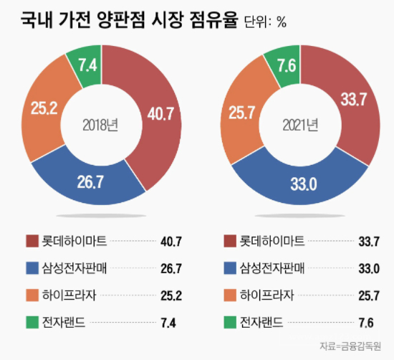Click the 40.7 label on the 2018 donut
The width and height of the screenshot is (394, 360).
[160, 114]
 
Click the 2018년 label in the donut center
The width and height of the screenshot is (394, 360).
[100, 125]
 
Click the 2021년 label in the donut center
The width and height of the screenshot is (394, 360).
[300, 125]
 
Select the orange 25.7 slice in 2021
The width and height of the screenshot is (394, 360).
[242, 112]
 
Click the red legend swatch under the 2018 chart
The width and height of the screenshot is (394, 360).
[32, 241]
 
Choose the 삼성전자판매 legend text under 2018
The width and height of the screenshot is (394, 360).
[75, 268]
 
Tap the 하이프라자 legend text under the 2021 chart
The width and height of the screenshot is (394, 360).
[267, 295]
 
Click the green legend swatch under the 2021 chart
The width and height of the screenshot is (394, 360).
[230, 322]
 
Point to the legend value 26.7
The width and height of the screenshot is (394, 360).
[171, 268]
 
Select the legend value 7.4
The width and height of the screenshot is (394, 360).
[168, 323]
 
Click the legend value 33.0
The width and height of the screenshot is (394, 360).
[369, 268]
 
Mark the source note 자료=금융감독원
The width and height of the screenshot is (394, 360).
[350, 346]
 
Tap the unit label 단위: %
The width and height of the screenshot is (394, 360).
[265, 22]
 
